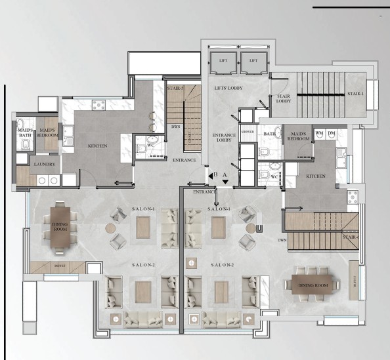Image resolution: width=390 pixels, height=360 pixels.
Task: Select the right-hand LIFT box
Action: (x=251, y=60)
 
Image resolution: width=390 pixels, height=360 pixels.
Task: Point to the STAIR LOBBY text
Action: (x=284, y=99)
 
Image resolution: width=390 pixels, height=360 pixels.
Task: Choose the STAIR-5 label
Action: (x=175, y=87)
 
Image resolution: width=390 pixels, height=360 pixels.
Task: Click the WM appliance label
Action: (x=319, y=134)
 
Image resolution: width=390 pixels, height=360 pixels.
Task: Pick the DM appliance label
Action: (x=331, y=134)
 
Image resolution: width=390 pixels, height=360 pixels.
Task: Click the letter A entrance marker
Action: (x=225, y=174)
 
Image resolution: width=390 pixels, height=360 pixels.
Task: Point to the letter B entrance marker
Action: (x=214, y=175)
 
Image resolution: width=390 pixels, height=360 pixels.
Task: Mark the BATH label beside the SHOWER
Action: (x=270, y=134)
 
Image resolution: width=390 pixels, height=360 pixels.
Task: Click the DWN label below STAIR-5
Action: (x=175, y=127)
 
